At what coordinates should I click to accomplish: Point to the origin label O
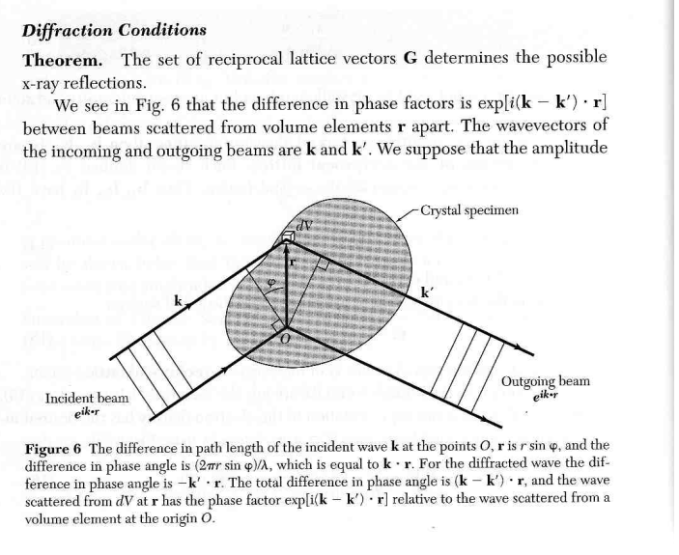285,338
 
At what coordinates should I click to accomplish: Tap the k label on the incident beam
179,302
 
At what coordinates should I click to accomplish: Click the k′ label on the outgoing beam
428,291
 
